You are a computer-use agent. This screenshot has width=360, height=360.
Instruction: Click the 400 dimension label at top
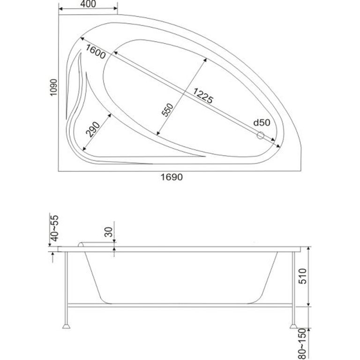pos(89,4)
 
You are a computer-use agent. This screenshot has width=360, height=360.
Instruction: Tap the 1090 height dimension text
pos(53,88)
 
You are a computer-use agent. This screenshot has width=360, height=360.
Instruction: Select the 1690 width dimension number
pos(172,177)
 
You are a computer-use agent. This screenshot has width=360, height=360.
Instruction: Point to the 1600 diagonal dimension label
pos(96,52)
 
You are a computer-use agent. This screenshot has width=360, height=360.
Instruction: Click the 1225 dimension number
pos(203,96)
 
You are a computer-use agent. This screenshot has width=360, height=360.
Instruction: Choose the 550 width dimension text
pos(167,110)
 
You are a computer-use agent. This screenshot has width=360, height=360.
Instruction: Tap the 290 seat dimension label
pos(93,130)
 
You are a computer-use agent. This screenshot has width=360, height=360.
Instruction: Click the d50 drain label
pos(262,123)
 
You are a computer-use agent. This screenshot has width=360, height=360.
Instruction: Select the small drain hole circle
pos(260,135)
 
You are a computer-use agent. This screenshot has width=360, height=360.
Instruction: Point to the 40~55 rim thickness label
pos(55,228)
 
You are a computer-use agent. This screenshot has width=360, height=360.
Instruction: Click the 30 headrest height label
pos(109,232)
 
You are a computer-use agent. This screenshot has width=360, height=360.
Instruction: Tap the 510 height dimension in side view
pos(303,276)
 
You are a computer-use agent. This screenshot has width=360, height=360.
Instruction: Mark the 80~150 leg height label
pos(303,344)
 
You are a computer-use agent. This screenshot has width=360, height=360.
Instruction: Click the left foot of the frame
pos(66,326)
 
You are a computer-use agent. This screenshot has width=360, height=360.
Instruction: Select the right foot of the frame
pos(293,326)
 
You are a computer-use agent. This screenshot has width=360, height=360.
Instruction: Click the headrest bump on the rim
pos(81,244)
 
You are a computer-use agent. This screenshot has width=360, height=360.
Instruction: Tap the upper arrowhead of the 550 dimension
pos(205,60)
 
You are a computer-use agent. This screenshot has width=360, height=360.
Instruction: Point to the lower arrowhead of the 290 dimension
pos(84,149)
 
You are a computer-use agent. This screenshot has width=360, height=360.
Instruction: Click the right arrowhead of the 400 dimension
pos(116,9)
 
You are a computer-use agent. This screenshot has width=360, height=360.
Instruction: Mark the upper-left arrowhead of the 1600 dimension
pos(82,38)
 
